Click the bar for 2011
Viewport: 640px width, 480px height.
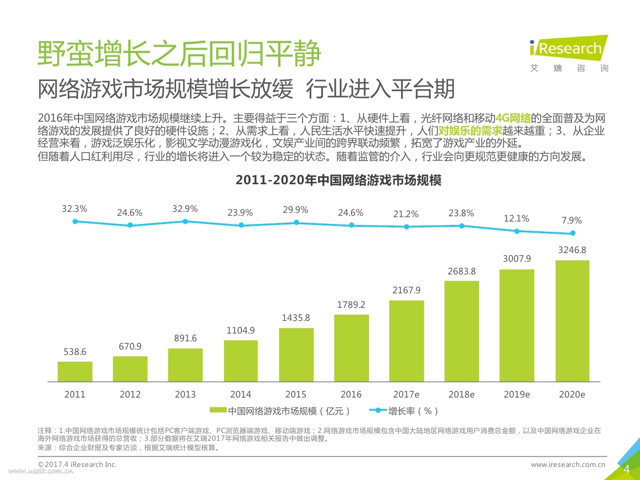75,371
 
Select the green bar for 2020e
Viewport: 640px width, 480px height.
572,321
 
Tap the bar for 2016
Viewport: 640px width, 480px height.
351,348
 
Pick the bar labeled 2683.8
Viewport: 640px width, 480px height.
462,331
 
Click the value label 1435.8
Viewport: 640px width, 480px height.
296,318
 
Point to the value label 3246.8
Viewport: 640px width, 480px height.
572,250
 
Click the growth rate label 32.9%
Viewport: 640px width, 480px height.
185,209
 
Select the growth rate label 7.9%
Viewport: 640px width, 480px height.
572,221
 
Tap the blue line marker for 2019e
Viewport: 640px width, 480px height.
517,231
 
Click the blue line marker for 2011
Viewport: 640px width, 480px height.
75,222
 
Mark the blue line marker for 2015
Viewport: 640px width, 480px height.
296,223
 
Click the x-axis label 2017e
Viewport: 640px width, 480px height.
406,395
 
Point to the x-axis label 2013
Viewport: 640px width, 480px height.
185,395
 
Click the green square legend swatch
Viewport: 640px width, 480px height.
218,410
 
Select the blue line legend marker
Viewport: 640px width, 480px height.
378,410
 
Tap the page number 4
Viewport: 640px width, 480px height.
626,469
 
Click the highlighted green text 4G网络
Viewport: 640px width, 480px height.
512,118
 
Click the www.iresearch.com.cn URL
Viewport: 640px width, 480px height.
568,464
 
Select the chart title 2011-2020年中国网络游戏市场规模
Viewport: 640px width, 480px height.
338,180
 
